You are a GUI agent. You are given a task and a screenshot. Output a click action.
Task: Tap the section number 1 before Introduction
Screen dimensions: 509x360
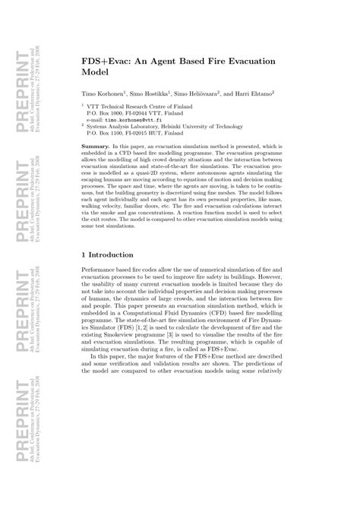click(x=84, y=254)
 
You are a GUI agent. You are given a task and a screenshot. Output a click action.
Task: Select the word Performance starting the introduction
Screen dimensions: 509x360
click(x=103, y=270)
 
